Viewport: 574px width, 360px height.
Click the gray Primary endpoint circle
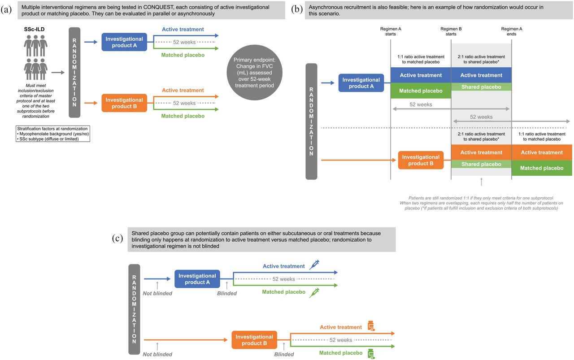(x=254, y=73)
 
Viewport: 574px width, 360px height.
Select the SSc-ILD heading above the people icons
(x=35, y=29)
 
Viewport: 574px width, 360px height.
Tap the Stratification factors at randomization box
(x=53, y=134)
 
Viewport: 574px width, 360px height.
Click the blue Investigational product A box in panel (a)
(x=124, y=42)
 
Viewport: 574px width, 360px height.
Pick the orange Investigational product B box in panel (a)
(x=124, y=103)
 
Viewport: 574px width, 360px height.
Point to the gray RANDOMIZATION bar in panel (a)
(x=74, y=73)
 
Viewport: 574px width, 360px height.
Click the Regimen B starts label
(x=451, y=31)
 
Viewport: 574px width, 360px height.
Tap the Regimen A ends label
(x=512, y=31)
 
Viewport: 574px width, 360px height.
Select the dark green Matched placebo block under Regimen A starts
(x=421, y=91)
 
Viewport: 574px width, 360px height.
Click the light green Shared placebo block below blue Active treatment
(x=481, y=87)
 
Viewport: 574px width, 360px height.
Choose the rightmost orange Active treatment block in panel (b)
(x=542, y=152)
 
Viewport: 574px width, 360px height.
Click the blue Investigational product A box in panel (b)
(x=361, y=83)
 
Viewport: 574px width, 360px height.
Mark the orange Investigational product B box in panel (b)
(x=421, y=160)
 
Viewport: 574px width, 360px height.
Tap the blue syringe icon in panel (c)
(x=314, y=265)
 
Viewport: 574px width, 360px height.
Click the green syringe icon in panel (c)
(x=314, y=293)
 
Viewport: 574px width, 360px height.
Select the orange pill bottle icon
(x=371, y=326)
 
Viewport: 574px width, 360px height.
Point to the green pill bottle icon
(x=371, y=354)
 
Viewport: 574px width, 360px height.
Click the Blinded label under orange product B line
(x=284, y=354)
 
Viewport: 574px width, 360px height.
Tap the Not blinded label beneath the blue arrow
(x=157, y=293)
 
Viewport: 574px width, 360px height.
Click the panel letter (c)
(x=117, y=239)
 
